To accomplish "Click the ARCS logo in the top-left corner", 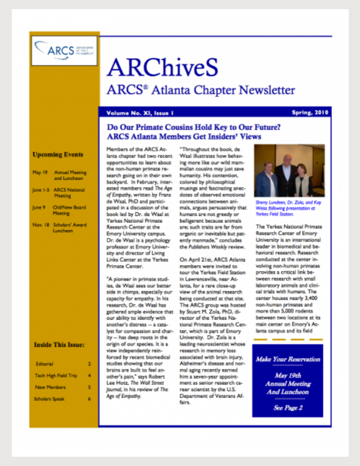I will [x=64, y=50].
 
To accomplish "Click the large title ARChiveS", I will [x=162, y=68].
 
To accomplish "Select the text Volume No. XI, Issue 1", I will [x=138, y=113].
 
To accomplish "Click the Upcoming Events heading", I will [x=58, y=154].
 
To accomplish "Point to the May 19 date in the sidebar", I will [x=40, y=171].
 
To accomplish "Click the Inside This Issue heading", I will [x=59, y=345].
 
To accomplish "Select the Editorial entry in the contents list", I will [x=43, y=364].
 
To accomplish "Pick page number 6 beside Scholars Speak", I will [x=89, y=399].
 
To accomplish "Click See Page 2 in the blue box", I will [x=287, y=408].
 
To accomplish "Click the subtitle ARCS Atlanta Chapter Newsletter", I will [x=201, y=90].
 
